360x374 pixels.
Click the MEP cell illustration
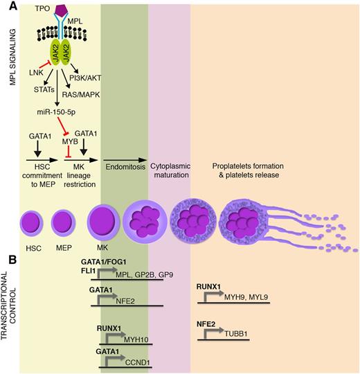[x=63, y=225]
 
